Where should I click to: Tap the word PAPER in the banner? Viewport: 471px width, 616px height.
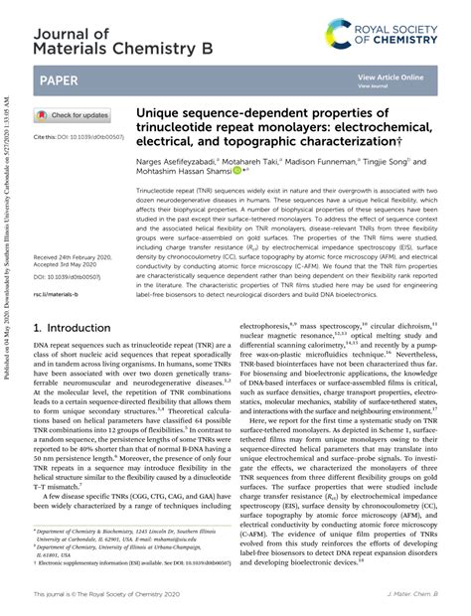[60, 78]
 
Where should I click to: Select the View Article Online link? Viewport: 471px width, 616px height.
[391, 77]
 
